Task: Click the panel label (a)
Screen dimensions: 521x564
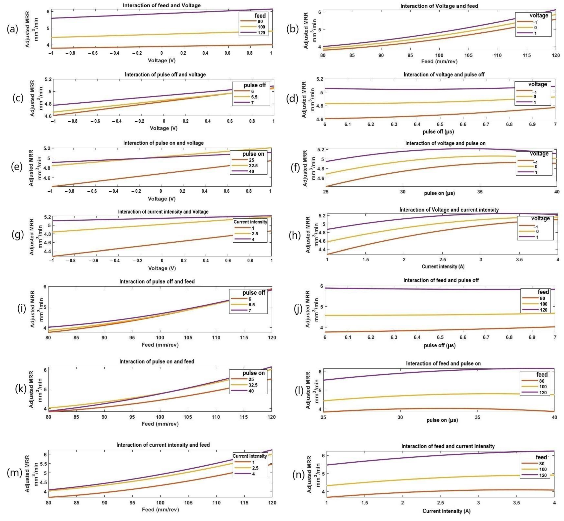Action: pos(12,29)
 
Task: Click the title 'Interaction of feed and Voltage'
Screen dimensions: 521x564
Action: pos(162,5)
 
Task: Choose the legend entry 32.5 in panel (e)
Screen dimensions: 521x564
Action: pos(253,166)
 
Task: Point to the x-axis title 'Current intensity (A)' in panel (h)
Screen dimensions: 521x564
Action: pos(443,266)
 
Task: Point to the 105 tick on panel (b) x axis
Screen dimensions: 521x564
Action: pos(468,56)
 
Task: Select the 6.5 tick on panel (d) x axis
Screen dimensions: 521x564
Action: pos(440,124)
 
